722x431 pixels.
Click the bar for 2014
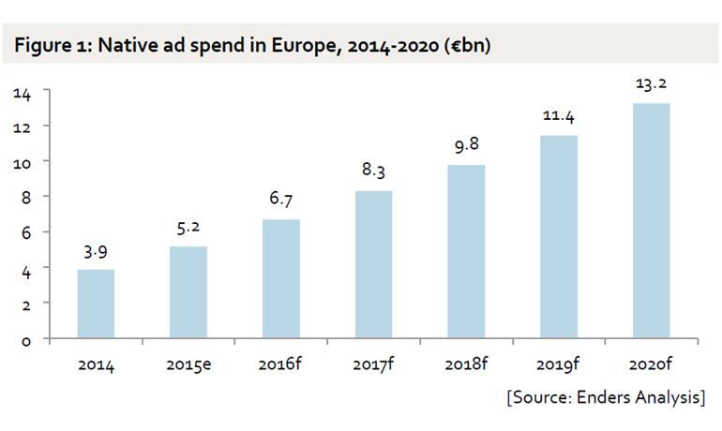96,305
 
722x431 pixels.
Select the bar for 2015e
188,292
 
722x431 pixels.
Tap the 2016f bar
281,279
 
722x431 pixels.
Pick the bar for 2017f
373,264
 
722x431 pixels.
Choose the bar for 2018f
466,252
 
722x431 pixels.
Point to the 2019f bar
559,237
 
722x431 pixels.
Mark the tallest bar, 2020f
651,221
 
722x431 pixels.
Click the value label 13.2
651,83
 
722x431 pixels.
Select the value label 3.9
96,252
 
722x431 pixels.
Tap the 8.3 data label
373,170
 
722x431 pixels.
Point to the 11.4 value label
559,115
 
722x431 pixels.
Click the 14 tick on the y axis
23,94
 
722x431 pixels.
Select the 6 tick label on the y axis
26,233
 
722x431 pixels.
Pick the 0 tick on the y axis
26,341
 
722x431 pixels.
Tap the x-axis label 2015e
188,364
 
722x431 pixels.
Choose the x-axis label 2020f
651,364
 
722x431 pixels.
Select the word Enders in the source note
603,397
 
